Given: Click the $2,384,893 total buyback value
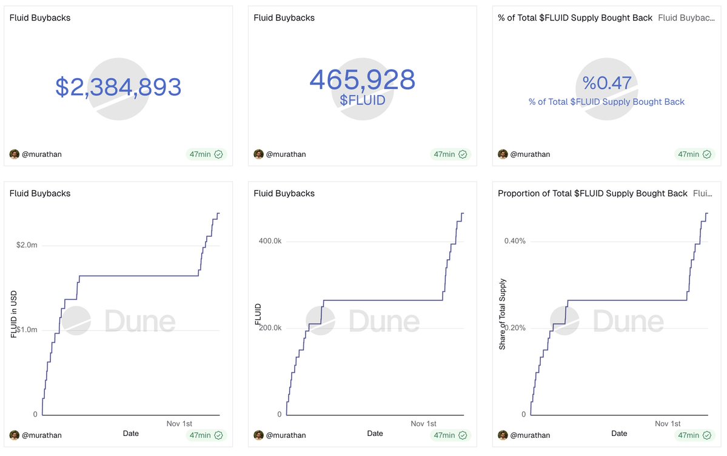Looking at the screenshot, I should tap(118, 88).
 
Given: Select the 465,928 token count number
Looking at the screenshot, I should tap(362, 80).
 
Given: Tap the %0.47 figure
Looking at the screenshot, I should tap(606, 83).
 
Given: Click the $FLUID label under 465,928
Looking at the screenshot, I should tap(362, 100).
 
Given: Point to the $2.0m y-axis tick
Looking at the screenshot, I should tap(27, 245).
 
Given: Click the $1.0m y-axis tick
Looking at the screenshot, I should tap(27, 330).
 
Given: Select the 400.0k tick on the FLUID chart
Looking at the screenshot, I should tap(270, 241).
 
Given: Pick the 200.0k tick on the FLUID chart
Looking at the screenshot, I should tap(270, 328).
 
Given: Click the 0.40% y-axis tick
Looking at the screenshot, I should tap(515, 241).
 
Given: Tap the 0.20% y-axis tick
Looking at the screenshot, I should tap(515, 328).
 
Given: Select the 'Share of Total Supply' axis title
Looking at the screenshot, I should tap(503, 314).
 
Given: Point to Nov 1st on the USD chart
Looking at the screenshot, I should tap(179, 423).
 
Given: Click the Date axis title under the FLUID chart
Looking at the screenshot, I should tap(375, 434).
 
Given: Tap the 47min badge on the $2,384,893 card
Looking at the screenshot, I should tap(206, 154).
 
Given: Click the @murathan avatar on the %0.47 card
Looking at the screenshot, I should tap(503, 154).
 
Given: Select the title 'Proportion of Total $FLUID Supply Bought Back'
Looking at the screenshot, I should tap(592, 194).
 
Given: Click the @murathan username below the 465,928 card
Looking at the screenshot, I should tap(286, 154).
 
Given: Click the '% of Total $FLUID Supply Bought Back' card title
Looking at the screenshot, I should tap(575, 18).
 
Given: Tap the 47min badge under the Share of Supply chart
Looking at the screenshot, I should tap(694, 435).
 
